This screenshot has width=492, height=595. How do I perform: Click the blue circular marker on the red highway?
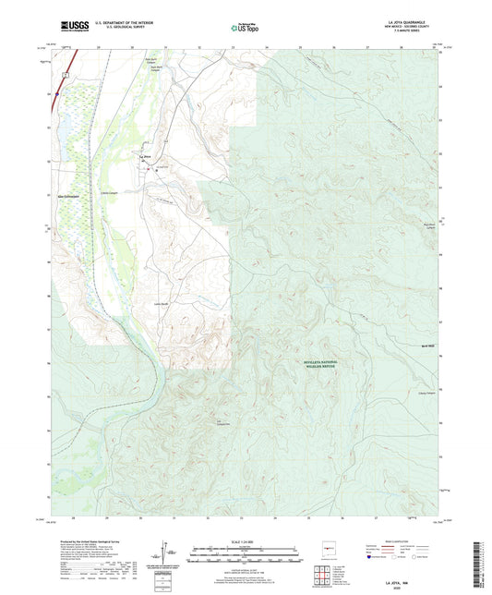click(56, 92)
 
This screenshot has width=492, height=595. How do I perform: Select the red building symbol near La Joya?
click(157, 172)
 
